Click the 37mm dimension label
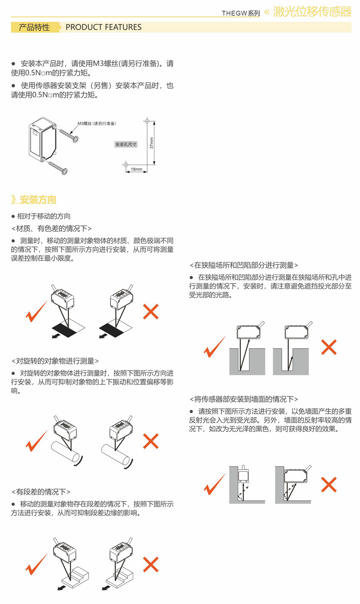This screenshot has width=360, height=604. click(151, 143)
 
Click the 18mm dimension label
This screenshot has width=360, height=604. click(137, 169)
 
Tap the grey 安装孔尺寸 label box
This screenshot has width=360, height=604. click(126, 144)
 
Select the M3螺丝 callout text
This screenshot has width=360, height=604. click(97, 123)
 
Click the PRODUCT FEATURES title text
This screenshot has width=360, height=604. click(103, 27)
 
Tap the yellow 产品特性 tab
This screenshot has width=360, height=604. click(34, 27)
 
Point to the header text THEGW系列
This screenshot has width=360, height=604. click(241, 13)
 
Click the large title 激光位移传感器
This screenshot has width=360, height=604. click(312, 11)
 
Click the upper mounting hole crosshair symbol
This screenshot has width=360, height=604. click(147, 121)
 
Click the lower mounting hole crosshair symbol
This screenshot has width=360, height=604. click(126, 164)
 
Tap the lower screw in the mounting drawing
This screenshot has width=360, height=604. click(58, 167)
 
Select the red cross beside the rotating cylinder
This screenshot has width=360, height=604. click(151, 441)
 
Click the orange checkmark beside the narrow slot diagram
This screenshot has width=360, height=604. click(214, 347)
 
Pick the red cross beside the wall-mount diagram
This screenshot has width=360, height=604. click(329, 484)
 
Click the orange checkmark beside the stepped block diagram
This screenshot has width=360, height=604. click(37, 564)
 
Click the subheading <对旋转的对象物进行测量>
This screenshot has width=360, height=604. click(55, 361)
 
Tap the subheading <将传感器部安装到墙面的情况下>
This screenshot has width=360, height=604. click(244, 399)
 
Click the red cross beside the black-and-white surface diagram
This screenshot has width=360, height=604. click(151, 312)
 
